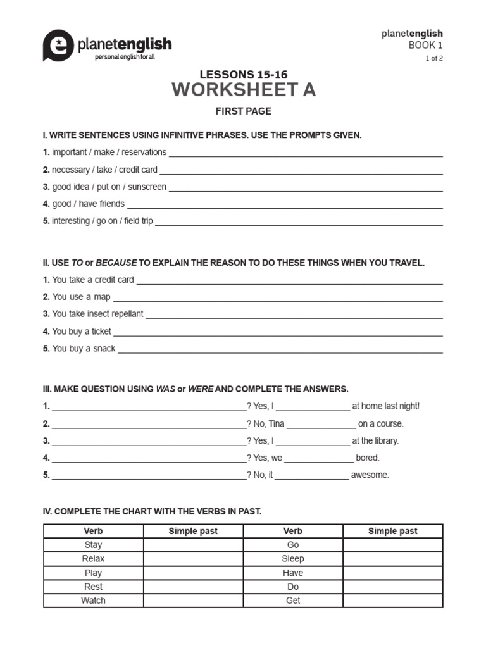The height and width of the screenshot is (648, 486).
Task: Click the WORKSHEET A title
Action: [244, 90]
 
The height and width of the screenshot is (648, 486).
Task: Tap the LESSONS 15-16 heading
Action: [244, 75]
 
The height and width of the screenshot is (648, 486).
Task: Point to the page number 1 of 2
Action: [433, 58]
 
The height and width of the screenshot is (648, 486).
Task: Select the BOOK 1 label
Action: [426, 46]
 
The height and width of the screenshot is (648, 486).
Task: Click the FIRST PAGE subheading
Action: [244, 111]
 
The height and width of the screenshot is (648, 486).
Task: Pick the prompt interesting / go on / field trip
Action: [103, 221]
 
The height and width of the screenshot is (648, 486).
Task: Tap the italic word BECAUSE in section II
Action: [116, 263]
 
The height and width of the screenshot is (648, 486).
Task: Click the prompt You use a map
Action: [81, 297]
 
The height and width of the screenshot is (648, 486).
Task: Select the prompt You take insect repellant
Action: [97, 314]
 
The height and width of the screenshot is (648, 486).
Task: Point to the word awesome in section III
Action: [370, 475]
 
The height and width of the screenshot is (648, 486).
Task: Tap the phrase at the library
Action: [375, 440]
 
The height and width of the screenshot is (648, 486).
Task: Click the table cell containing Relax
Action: [93, 559]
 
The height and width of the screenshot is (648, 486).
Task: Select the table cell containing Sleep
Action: [293, 559]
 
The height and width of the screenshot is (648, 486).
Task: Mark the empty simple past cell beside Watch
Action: [193, 601]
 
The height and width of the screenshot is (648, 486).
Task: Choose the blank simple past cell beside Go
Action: [393, 545]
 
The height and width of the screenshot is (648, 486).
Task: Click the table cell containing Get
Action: [293, 601]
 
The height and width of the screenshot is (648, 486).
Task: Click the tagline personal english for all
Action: [125, 57]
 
